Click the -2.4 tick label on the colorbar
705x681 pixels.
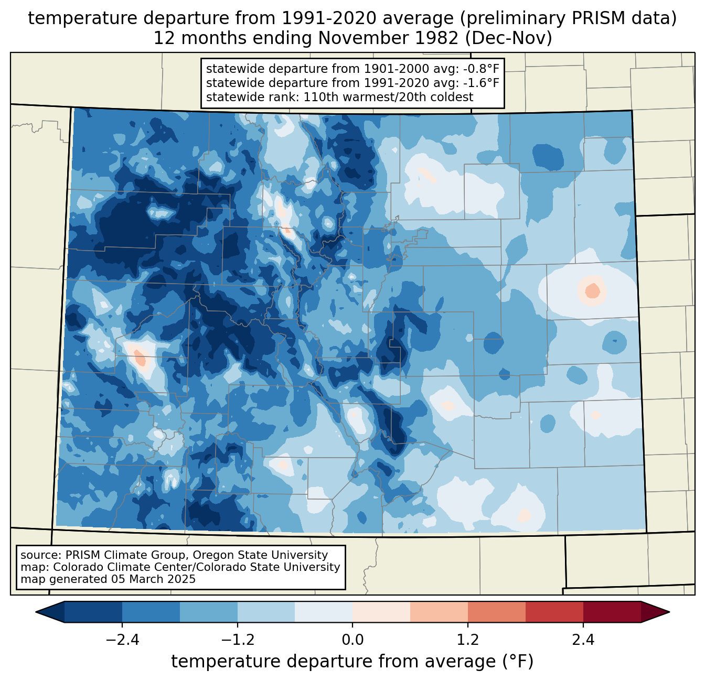tap(122, 640)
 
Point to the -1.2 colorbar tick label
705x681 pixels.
tap(238, 640)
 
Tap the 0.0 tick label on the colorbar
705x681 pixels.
tap(352, 640)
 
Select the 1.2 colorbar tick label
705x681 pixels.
tap(468, 640)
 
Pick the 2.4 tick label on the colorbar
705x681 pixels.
tap(583, 640)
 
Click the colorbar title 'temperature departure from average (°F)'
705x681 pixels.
tap(352, 662)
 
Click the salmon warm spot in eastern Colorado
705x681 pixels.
tap(592, 290)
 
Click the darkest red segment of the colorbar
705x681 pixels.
tap(612, 612)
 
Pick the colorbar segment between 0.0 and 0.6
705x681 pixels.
tap(381, 612)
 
